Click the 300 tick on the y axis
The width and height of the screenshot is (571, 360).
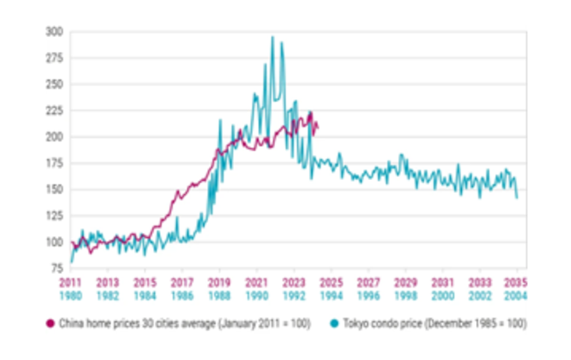54,32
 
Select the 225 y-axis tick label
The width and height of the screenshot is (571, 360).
54,111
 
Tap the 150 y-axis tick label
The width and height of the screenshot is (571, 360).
54,190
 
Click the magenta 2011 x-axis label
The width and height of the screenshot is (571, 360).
70,283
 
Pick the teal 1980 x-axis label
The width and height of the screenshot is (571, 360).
70,296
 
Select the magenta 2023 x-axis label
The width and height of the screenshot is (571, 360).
293,283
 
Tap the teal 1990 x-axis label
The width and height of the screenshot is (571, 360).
257,296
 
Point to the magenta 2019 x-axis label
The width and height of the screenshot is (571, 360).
219,283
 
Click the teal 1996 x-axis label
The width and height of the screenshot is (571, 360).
368,296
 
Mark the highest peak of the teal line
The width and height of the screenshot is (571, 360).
271,37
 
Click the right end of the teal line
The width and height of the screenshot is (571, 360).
517,198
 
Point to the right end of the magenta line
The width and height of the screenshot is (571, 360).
317,128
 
